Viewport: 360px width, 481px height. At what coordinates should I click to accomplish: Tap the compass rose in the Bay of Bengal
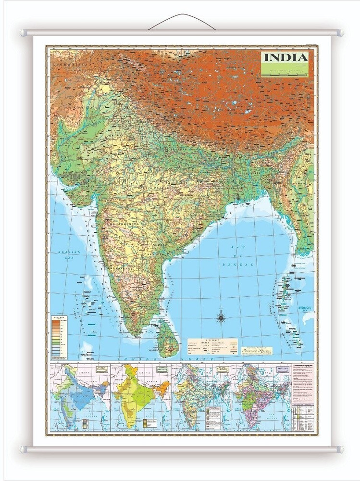[222, 317]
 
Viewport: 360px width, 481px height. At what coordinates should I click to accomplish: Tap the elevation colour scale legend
[60, 337]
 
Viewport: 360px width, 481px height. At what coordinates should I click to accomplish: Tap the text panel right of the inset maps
[303, 396]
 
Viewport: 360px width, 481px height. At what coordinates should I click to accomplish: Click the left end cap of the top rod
[23, 33]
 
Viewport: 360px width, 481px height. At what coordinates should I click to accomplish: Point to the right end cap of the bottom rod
[340, 450]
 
